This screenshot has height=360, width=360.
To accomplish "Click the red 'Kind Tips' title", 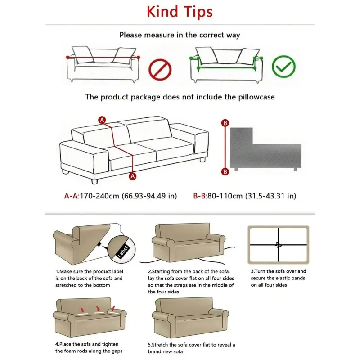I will click(x=180, y=11).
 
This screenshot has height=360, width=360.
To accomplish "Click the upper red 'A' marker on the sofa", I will click(x=103, y=120).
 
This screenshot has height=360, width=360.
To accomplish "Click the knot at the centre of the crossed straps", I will click(x=278, y=245).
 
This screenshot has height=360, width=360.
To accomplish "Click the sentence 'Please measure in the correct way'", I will click(x=180, y=35).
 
